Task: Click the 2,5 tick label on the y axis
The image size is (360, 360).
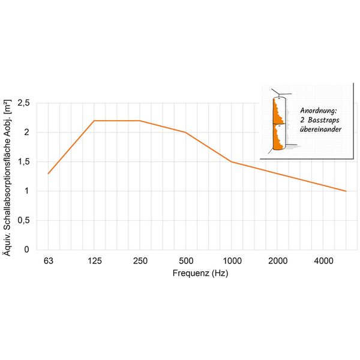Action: click(x=23, y=103)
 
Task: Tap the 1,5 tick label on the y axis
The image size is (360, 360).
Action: click(x=23, y=162)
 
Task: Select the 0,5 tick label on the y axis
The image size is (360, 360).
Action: click(x=23, y=220)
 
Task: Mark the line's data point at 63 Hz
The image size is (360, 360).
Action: click(x=48, y=173)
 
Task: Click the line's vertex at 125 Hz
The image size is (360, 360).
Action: click(x=94, y=121)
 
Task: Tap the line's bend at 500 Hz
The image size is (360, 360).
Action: click(x=186, y=133)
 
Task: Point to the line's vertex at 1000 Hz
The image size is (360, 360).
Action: click(x=232, y=162)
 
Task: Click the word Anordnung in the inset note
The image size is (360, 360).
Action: click(x=311, y=111)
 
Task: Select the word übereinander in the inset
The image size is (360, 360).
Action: click(x=313, y=130)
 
